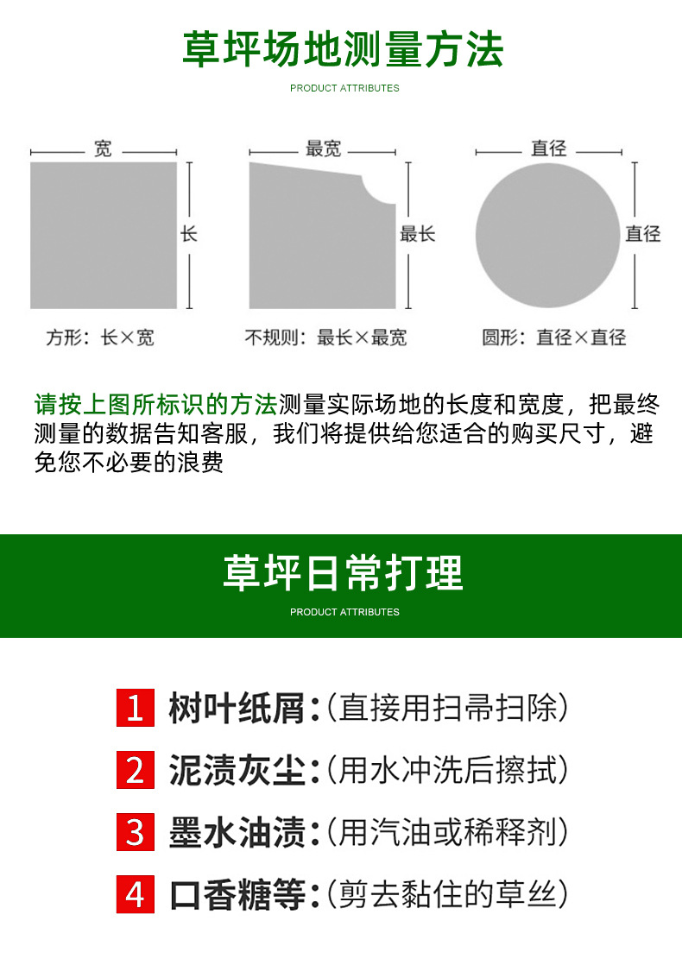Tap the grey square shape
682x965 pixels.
(104, 235)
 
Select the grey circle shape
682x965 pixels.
(548, 236)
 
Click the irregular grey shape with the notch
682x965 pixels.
(315, 242)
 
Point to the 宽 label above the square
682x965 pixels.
(103, 149)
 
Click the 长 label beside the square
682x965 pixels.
(189, 234)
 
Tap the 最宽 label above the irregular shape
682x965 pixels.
(324, 149)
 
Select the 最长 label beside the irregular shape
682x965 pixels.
(418, 234)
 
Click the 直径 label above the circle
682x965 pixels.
(548, 149)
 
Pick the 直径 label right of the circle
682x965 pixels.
(643, 234)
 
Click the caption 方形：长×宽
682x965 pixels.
(100, 337)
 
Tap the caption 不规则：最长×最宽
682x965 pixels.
(325, 337)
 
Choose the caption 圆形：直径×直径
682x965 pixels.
(554, 337)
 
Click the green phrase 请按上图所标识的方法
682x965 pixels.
(155, 404)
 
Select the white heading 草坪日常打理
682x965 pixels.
(343, 572)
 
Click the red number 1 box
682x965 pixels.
(136, 709)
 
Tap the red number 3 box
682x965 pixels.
(136, 833)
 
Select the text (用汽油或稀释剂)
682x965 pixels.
(448, 833)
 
